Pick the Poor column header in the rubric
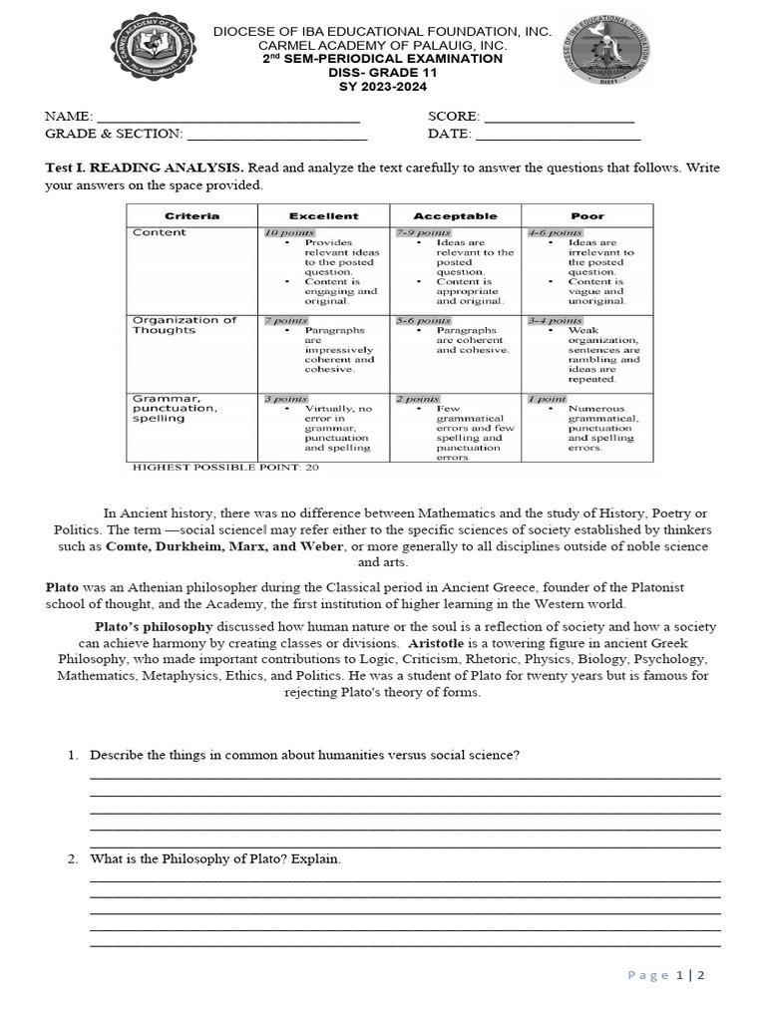(x=587, y=215)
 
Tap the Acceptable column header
(x=455, y=215)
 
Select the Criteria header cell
(x=191, y=215)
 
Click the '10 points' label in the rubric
(x=288, y=232)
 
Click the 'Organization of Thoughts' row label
(x=185, y=325)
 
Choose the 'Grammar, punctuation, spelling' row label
(x=175, y=408)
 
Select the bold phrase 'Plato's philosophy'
(x=154, y=626)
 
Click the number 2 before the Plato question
(x=73, y=858)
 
